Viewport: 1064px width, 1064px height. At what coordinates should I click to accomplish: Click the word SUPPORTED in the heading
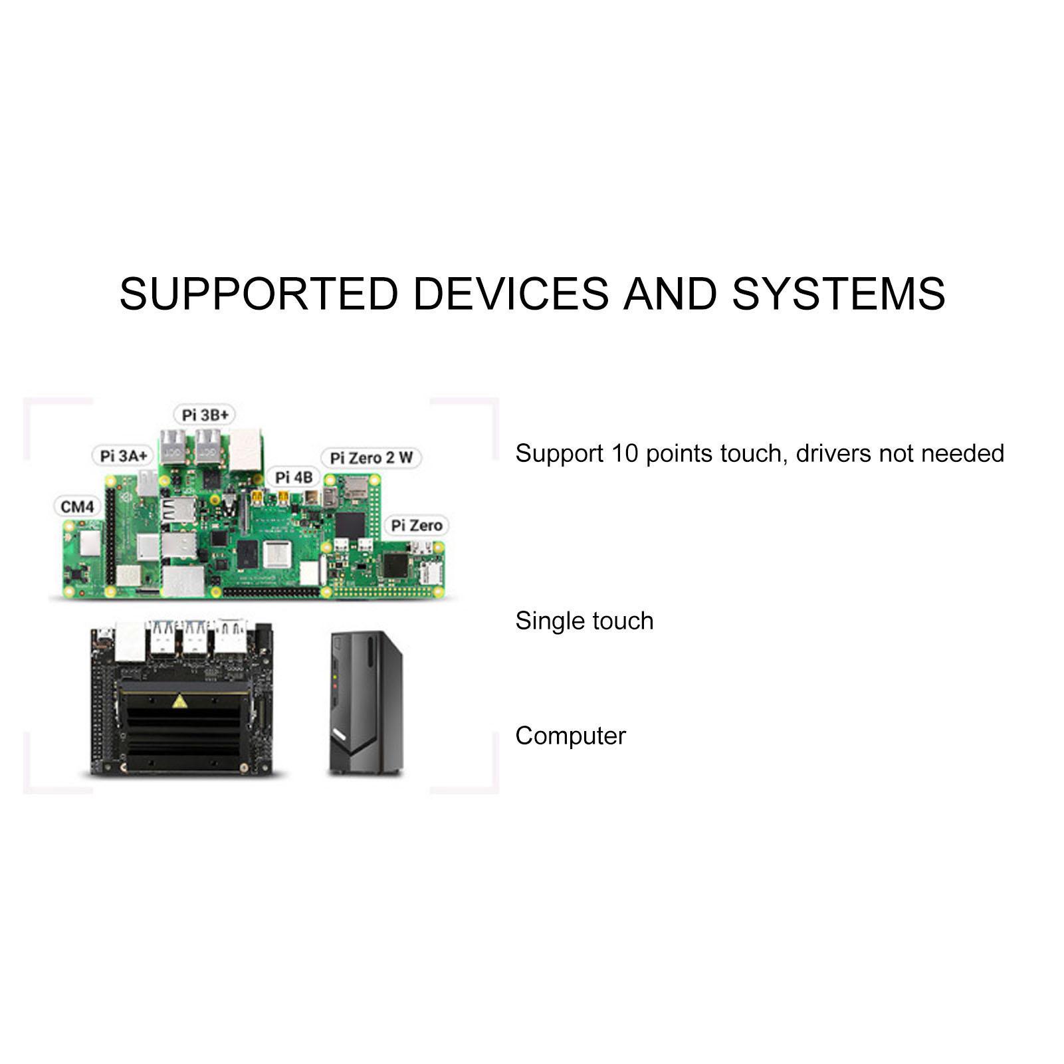pyautogui.click(x=259, y=294)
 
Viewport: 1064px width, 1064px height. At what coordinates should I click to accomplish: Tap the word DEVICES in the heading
pyautogui.click(x=510, y=294)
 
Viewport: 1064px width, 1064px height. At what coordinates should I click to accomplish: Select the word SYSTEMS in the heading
pyautogui.click(x=838, y=294)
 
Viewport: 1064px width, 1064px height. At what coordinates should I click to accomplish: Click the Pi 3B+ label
pyautogui.click(x=205, y=415)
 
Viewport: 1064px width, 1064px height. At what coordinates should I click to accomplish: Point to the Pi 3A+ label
pyautogui.click(x=123, y=456)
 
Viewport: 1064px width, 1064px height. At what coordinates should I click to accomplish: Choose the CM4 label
pyautogui.click(x=78, y=507)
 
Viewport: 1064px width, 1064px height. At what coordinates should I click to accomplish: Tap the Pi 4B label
pyautogui.click(x=294, y=477)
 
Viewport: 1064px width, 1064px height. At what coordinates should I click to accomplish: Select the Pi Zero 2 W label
pyautogui.click(x=372, y=458)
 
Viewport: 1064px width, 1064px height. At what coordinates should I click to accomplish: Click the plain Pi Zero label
pyautogui.click(x=416, y=526)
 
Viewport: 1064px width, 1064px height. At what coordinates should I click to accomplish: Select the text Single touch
pyautogui.click(x=584, y=621)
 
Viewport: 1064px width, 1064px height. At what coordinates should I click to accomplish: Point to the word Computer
pyautogui.click(x=570, y=736)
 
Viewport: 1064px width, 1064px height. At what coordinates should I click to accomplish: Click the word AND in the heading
pyautogui.click(x=671, y=294)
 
